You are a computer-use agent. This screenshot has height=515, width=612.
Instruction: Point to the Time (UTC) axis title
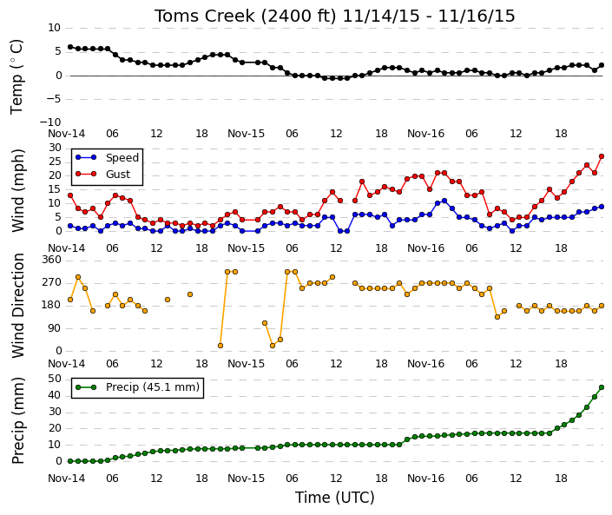pos(334,498)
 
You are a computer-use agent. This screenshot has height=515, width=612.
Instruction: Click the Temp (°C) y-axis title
pos(16,77)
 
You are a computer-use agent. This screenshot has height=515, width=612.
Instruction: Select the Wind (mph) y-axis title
pos(18,191)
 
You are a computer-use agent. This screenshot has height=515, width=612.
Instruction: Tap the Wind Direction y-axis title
pos(18,306)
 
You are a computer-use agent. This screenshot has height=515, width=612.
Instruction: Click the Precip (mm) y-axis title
pos(18,420)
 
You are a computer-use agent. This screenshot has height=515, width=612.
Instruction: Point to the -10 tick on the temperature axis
pos(50,122)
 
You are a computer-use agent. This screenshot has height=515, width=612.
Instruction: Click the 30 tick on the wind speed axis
pos(55,148)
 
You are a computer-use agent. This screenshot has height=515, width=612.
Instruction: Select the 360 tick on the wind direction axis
pos(52,260)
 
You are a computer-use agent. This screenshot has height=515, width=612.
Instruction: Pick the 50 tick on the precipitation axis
pos(55,379)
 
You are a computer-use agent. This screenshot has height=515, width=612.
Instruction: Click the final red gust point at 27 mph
pos(602,156)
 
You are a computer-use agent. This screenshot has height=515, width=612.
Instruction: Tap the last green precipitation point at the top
pos(602,387)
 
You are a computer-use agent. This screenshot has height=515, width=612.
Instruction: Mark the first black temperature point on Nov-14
pos(70,47)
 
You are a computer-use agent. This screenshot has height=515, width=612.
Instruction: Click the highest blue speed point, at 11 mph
pos(444,201)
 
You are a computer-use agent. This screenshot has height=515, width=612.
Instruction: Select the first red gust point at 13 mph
pos(70,195)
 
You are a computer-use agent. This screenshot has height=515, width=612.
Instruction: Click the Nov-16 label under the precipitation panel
pos(426,479)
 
